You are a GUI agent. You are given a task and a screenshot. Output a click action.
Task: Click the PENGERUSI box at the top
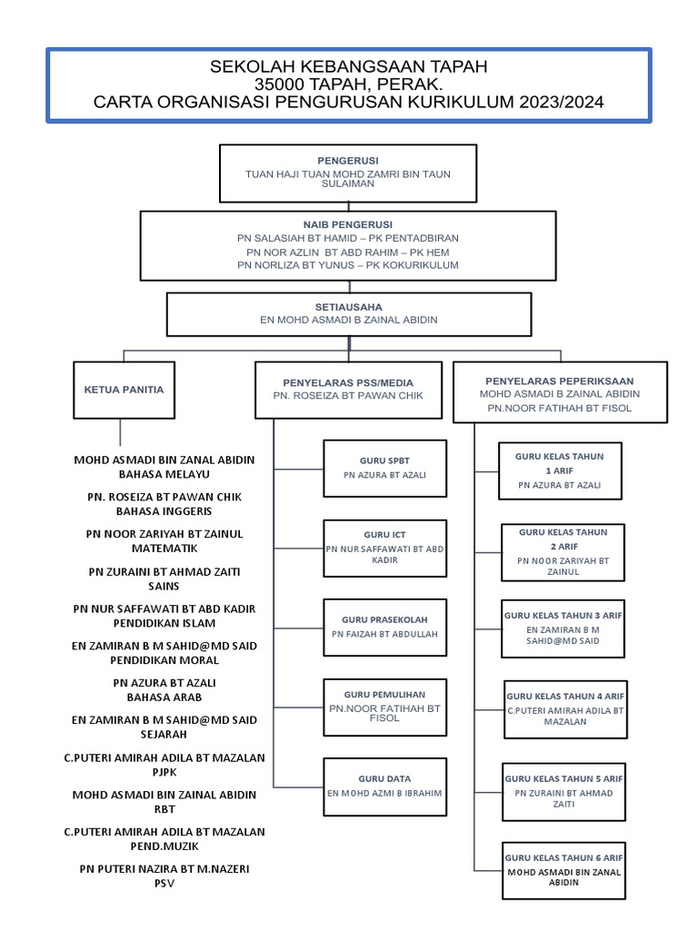click(348, 173)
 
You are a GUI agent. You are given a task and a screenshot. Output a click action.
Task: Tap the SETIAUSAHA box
click(348, 313)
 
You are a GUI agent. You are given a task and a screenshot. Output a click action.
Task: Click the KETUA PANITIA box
click(124, 390)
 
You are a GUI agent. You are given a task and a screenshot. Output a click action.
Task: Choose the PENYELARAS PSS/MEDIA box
click(348, 390)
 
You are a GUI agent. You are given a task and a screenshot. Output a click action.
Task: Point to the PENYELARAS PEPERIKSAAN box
click(559, 391)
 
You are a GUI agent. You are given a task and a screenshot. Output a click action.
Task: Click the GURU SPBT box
click(384, 468)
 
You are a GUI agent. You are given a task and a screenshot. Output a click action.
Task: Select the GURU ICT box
click(384, 548)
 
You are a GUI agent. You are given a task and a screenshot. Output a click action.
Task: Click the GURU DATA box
click(384, 786)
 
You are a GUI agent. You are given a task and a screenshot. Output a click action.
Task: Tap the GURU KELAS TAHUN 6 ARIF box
click(564, 869)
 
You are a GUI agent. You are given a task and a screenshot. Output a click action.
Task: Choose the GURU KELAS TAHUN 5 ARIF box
click(564, 791)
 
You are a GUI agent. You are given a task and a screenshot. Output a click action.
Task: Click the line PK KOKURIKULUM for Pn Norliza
click(347, 265)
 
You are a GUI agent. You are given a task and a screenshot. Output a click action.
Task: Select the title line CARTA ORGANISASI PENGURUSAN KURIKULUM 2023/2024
click(348, 103)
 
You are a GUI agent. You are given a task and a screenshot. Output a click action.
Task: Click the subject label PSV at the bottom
click(164, 884)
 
